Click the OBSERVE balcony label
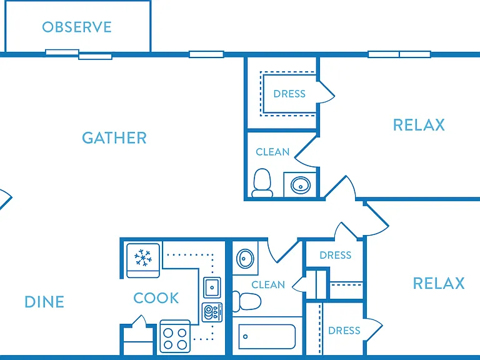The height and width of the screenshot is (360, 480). click(77, 27)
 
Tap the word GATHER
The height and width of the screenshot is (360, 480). click(114, 137)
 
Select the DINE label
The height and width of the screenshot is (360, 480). click(44, 302)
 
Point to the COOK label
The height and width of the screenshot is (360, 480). click(156, 298)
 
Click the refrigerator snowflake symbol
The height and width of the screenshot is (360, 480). click(143, 257)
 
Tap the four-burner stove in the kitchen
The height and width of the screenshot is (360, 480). click(175, 336)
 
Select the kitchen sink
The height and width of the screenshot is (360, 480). click(212, 287)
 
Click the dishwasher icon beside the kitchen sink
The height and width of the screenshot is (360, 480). click(212, 312)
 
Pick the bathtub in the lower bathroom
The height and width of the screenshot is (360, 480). click(267, 336)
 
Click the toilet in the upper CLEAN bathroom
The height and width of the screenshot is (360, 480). click(262, 182)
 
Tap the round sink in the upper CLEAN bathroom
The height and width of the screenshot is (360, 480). click(301, 185)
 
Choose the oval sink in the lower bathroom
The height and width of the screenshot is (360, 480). click(245, 259)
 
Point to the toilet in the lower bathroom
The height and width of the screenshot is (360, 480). click(246, 301)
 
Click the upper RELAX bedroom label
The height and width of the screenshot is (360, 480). click(419, 125)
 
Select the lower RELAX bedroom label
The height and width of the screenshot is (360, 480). click(439, 283)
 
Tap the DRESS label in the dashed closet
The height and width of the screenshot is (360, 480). click(289, 94)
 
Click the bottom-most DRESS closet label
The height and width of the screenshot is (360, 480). click(344, 331)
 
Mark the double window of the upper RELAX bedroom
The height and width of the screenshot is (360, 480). click(399, 54)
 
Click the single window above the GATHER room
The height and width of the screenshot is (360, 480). click(206, 54)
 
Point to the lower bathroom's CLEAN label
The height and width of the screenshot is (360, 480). click(268, 285)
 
